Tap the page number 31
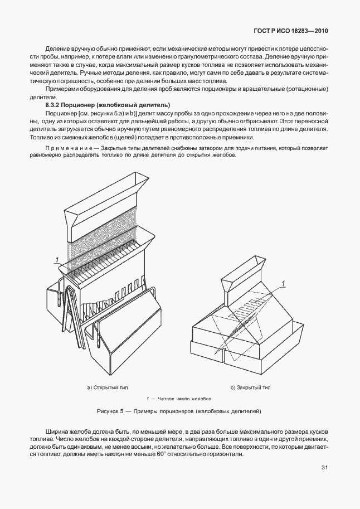tap(324, 468)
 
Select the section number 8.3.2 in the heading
tap(54, 105)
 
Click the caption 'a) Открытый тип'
tap(106, 387)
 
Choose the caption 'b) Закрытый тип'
tap(250, 387)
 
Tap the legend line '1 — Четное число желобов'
tap(178, 399)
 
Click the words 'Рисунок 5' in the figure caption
tap(111, 411)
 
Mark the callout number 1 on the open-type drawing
tap(56, 258)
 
